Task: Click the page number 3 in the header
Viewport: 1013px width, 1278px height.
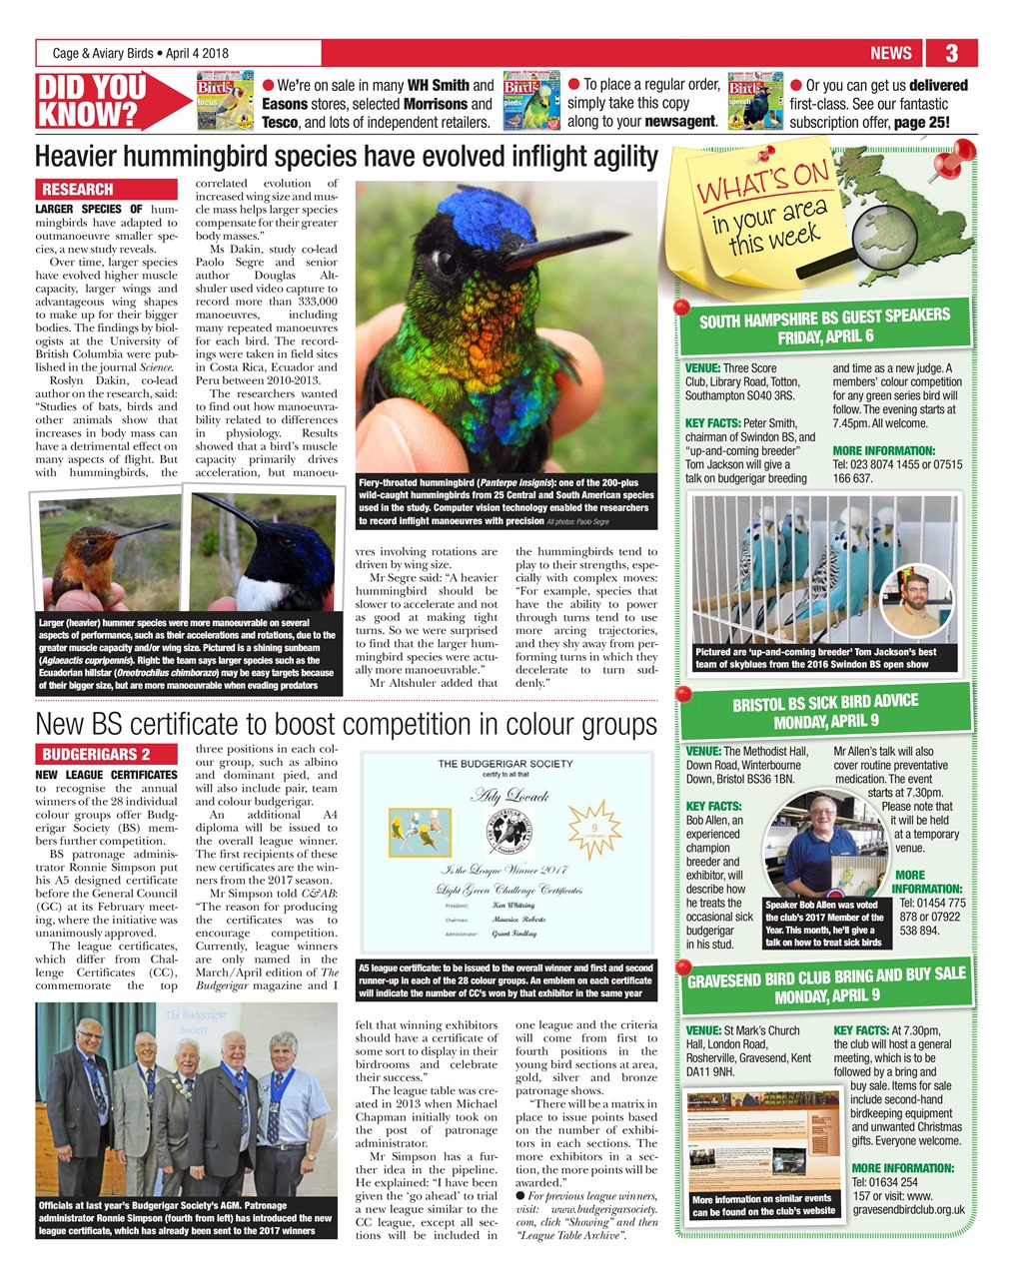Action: [x=951, y=53]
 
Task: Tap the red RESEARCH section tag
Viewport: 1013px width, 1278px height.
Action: [x=78, y=189]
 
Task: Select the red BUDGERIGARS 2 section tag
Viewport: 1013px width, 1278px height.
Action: [x=96, y=755]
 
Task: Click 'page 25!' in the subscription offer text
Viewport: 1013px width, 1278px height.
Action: [x=916, y=123]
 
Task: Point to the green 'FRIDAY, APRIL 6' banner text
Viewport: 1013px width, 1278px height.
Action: [x=825, y=337]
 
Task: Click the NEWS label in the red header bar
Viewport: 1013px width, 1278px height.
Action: [x=890, y=53]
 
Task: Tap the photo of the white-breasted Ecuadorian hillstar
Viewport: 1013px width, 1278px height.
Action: [x=262, y=553]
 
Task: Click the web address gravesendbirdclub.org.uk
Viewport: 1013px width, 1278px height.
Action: [x=909, y=1210]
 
